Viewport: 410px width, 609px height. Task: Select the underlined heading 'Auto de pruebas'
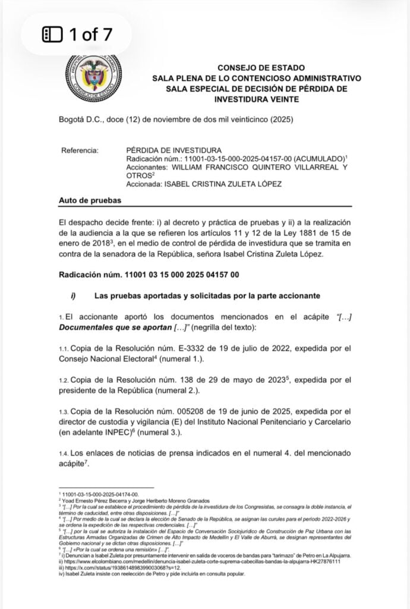[x=90, y=201]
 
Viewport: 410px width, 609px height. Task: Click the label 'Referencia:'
[x=80, y=150]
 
